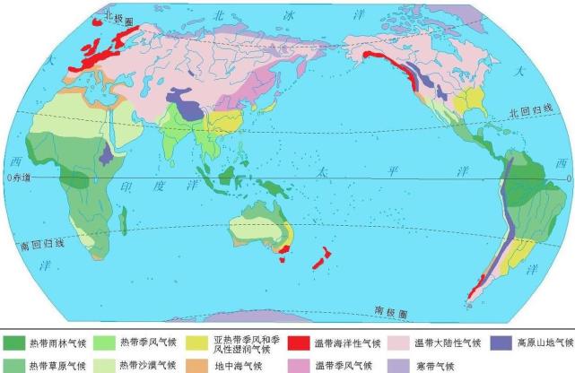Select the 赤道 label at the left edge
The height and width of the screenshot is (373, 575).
(x=20, y=178)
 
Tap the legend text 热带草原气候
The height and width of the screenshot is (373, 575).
(x=57, y=366)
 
